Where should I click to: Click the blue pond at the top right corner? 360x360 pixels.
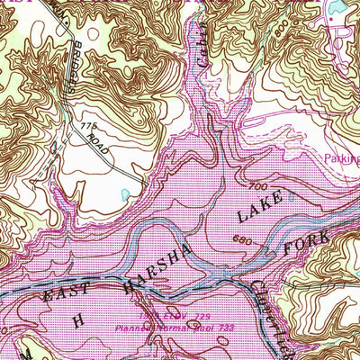[341, 7]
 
